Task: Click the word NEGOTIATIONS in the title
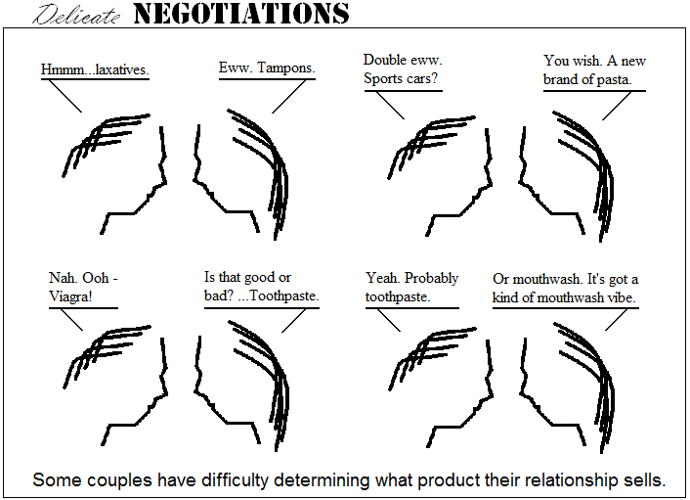point(239,14)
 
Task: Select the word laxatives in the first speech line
point(120,70)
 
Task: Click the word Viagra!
point(69,296)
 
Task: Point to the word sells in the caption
point(644,480)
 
